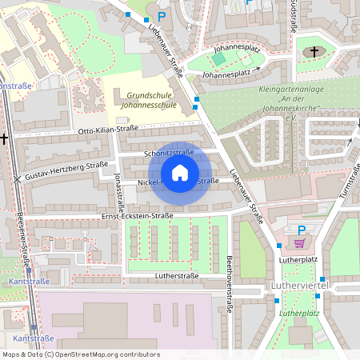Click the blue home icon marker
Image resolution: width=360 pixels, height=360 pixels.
coord(180,173)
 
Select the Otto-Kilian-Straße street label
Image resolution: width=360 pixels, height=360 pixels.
coord(108,130)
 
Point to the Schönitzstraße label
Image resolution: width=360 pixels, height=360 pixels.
coord(169,151)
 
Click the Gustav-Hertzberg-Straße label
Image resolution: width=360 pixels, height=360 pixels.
coord(66,170)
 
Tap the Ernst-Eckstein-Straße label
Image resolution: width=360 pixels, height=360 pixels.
coord(137,216)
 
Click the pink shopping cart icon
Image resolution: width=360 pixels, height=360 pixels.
coord(300,243)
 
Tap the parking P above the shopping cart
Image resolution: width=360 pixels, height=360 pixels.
coord(302,230)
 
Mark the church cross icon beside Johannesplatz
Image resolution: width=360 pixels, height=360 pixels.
coord(314,53)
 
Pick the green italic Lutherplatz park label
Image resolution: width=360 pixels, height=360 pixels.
coord(299,314)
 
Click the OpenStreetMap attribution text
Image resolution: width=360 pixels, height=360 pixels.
coord(80,354)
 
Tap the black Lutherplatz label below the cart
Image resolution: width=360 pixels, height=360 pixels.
coord(298,259)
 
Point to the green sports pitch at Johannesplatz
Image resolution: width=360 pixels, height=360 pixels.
coord(218,59)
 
